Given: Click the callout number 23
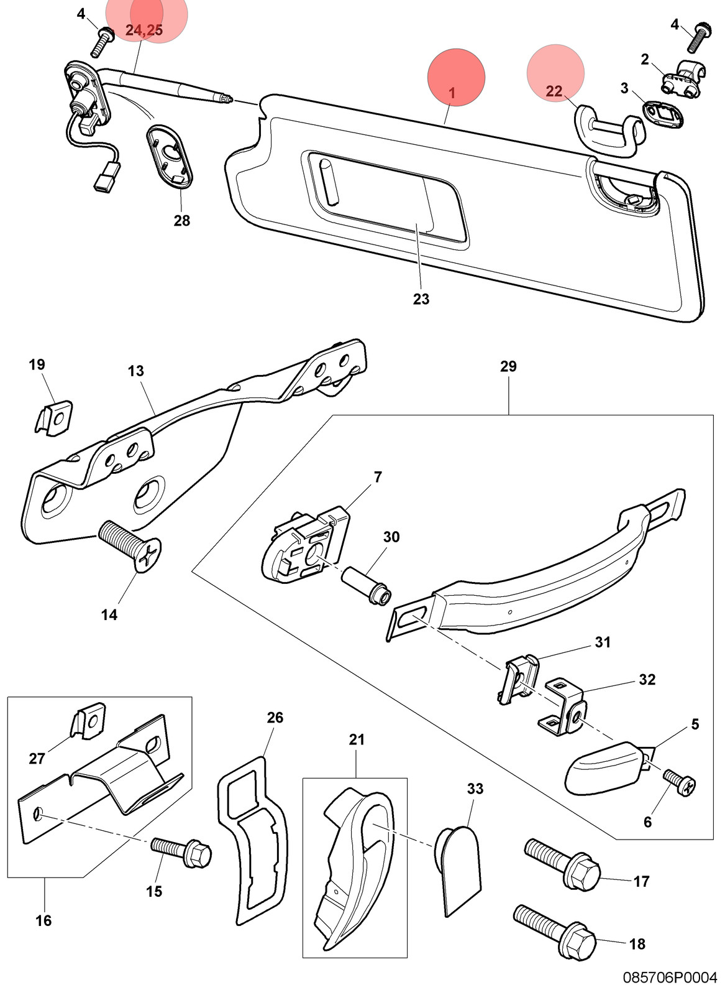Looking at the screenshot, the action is tap(421, 299).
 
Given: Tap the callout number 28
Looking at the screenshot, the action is tap(182, 220).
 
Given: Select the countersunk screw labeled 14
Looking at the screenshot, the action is tap(129, 546).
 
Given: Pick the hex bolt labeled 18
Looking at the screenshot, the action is tap(554, 930).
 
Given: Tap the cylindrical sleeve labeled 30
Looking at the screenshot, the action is tap(366, 585).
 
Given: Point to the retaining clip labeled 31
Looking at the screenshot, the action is tap(518, 679).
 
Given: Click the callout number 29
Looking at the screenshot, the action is tap(508, 366).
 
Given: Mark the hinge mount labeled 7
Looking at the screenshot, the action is tap(306, 545).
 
